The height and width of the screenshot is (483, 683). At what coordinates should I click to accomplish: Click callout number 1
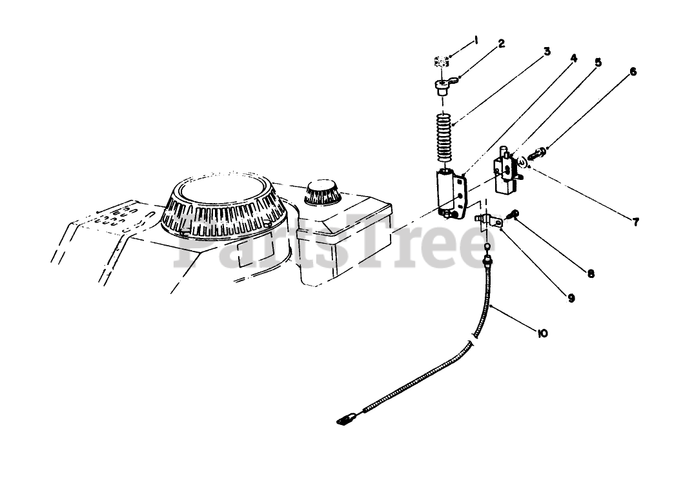point(476,40)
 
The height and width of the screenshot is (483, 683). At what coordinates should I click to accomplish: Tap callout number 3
point(546,50)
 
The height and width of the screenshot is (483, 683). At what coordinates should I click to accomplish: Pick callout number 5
point(598,63)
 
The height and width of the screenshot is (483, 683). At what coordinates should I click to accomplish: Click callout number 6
point(633,72)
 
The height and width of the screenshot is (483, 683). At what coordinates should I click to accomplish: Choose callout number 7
point(635,222)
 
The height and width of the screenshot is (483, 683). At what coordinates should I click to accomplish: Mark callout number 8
point(591,273)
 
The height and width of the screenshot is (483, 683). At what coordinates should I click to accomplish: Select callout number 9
point(571,298)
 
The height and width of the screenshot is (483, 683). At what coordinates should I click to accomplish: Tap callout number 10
point(541,333)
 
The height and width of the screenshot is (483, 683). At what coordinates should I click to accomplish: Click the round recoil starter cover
point(225,199)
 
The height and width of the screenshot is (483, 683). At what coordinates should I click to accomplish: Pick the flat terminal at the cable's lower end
point(345,420)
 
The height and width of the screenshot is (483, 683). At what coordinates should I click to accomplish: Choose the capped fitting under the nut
point(443,86)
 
